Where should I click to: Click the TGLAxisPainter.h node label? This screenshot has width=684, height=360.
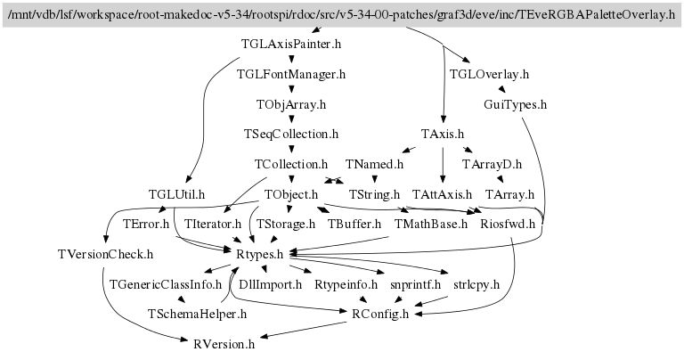291,43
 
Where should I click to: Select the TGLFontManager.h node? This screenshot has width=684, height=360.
291,74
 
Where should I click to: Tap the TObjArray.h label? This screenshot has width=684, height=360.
291,104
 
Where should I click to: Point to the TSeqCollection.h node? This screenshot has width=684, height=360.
291,135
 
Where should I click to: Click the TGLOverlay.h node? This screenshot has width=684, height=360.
489,74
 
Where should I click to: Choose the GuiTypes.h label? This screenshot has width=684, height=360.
515,104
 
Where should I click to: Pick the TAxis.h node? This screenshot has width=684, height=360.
443,135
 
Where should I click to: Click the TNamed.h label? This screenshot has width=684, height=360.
374,164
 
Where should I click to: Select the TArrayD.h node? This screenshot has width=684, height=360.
492,164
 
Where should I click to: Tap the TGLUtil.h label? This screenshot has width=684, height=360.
176,194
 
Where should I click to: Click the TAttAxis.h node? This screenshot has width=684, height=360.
442,194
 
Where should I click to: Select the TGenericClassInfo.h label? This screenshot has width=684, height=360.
165,284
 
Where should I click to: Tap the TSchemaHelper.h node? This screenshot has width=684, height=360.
196,314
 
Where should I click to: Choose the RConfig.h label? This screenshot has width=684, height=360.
380,314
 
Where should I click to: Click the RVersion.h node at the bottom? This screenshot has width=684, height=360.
224,343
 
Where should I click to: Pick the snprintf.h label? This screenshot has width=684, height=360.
415,284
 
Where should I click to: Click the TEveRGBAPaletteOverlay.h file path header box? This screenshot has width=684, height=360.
341,14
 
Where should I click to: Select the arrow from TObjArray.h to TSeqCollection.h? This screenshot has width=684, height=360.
291,119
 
